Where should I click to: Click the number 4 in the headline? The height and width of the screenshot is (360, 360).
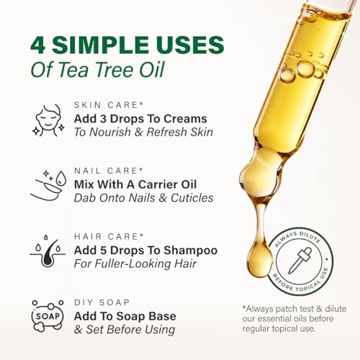pos(38,45)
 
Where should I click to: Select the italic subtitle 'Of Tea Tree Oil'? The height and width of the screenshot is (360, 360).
pos(87,71)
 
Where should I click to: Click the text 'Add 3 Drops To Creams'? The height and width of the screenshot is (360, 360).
pos(140,118)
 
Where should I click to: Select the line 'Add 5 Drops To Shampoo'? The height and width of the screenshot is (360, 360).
pos(146,250)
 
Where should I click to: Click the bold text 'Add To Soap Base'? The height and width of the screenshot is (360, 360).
pos(125,315)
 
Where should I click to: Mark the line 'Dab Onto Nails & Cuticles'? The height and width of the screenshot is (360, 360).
pos(144,198)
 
